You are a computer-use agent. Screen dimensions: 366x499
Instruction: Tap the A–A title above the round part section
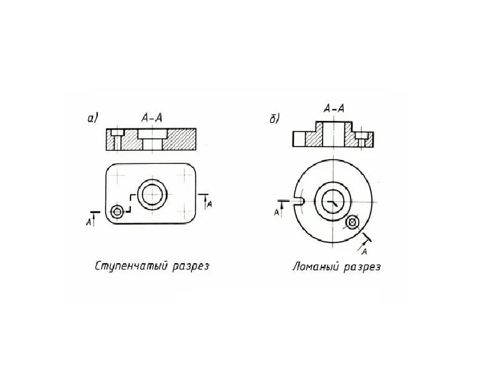click(334, 110)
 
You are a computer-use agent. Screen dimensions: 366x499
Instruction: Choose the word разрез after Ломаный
click(361, 266)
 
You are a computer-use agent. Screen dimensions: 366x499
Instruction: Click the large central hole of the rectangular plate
click(152, 195)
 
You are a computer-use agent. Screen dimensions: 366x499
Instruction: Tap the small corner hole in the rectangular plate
click(117, 211)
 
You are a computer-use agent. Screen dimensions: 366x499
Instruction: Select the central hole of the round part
click(333, 201)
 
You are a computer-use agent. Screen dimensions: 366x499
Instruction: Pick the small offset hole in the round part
click(353, 221)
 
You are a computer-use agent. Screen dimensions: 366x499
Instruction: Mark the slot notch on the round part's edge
click(298, 201)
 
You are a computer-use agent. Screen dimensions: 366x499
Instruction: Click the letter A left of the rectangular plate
click(89, 221)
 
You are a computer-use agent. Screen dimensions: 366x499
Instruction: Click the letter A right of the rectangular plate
click(210, 203)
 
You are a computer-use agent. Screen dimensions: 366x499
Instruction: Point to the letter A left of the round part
click(276, 213)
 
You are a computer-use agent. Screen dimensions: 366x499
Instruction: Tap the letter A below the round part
click(364, 251)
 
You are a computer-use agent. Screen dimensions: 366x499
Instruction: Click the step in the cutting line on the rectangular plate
click(130, 203)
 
